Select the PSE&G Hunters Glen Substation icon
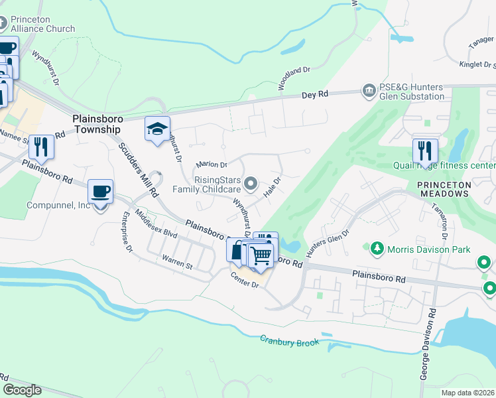pyautogui.click(x=368, y=90)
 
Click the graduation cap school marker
pyautogui.click(x=158, y=129)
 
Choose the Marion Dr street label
pyautogui.click(x=212, y=165)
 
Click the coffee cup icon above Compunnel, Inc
pyautogui.click(x=100, y=192)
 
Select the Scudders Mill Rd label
pyautogui.click(x=138, y=168)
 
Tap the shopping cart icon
pyautogui.click(x=261, y=255)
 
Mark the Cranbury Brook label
pyautogui.click(x=290, y=341)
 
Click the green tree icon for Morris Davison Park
pyautogui.click(x=377, y=249)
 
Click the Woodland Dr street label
pyautogui.click(x=294, y=78)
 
